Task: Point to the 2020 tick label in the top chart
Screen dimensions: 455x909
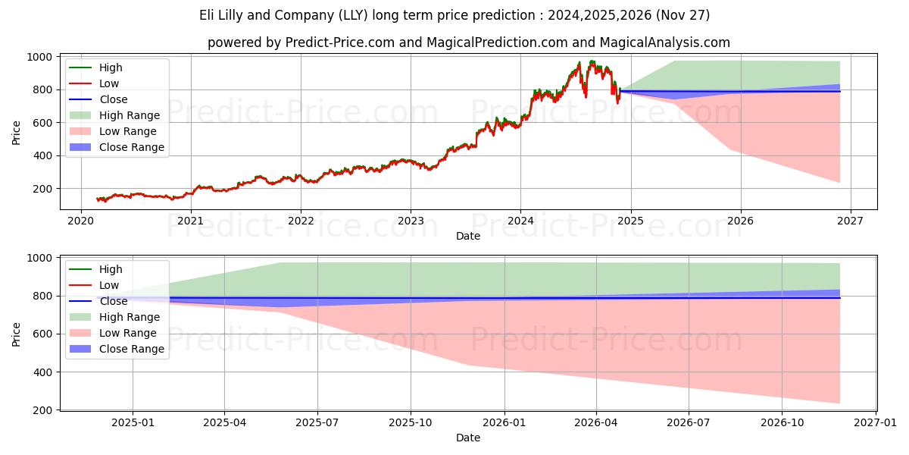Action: point(81,221)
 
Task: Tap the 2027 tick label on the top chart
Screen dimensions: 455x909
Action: point(850,221)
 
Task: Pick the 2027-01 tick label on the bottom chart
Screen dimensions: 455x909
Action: point(876,422)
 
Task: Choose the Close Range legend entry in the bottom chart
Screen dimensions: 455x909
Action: point(132,349)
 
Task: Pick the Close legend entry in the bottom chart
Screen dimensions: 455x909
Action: point(114,301)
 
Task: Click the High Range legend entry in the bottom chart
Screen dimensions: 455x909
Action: point(130,317)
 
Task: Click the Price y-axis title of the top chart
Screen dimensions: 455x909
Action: point(17,132)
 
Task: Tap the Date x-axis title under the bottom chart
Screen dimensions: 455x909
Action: point(467,438)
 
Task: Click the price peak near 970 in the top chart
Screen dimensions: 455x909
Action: point(592,62)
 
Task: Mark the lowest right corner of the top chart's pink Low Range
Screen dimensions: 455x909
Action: point(839,182)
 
